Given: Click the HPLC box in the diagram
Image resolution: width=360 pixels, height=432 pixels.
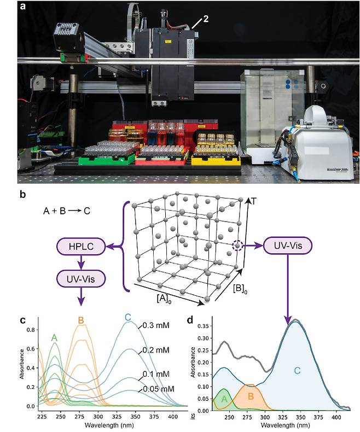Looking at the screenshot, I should (81, 249).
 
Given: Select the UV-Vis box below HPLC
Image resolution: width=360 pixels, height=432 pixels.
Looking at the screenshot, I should (81, 278).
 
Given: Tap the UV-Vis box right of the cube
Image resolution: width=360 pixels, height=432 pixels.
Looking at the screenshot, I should (288, 246).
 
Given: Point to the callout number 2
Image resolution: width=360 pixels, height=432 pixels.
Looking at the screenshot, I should (205, 19).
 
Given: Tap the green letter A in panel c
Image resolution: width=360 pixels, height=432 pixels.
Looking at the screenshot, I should (55, 338).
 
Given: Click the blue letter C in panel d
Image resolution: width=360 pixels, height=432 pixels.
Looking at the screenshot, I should (298, 370).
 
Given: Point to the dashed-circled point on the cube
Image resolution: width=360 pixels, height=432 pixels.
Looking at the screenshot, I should (236, 247).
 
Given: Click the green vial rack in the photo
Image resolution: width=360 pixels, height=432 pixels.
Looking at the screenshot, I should (107, 160).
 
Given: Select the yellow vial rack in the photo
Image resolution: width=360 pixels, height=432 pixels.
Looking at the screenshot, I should (217, 159).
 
